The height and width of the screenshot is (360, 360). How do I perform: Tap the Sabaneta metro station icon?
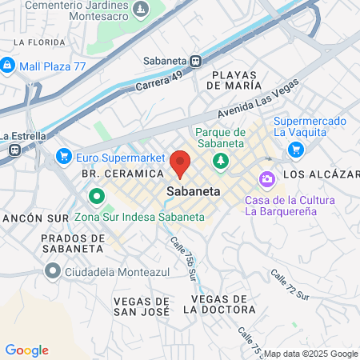tap(197, 60)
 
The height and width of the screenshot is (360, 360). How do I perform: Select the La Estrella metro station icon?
tap(14, 149)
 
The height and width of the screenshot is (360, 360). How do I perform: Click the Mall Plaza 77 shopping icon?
tap(8, 65)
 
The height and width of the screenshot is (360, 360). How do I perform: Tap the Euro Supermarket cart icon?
tap(62, 157)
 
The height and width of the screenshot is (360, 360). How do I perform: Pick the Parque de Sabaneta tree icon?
tap(220, 162)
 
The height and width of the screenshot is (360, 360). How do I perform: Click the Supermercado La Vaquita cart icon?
tap(295, 149)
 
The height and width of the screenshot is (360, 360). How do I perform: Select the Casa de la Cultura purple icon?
tap(266, 179)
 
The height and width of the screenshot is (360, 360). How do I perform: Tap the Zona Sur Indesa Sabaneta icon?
tap(96, 195)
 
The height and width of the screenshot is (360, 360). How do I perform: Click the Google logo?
tap(26, 350)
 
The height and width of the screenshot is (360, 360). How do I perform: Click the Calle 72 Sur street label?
tap(290, 285)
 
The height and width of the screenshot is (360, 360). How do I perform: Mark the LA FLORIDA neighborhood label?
tap(39, 41)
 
